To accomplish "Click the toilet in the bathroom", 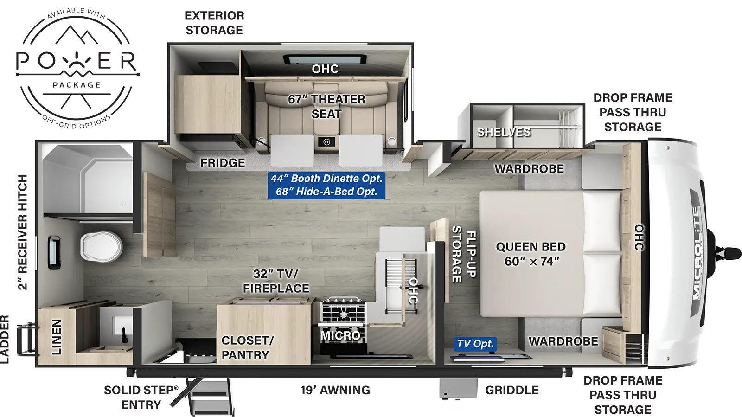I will [101, 246].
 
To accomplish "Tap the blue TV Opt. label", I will [475, 344].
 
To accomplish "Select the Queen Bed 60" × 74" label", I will [531, 254].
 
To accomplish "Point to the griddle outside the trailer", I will [458, 387].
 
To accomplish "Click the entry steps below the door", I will [210, 397].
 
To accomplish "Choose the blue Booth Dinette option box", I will [326, 185].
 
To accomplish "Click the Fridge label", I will [223, 163].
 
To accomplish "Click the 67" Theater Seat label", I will [326, 106].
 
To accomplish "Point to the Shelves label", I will [504, 132].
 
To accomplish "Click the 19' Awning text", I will [335, 390].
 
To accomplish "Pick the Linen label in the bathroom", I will [56, 337].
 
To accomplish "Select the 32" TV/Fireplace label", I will [276, 281].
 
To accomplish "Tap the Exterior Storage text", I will [214, 23].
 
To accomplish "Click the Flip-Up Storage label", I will [464, 254].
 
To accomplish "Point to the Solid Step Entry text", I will [141, 397].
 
